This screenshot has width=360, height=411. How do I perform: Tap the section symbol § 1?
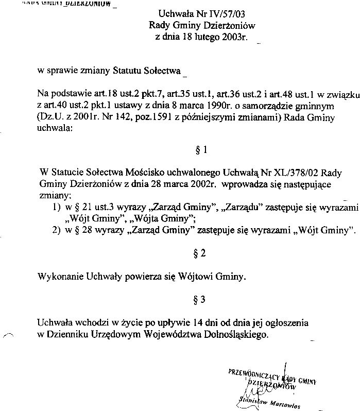(x=202, y=150)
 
